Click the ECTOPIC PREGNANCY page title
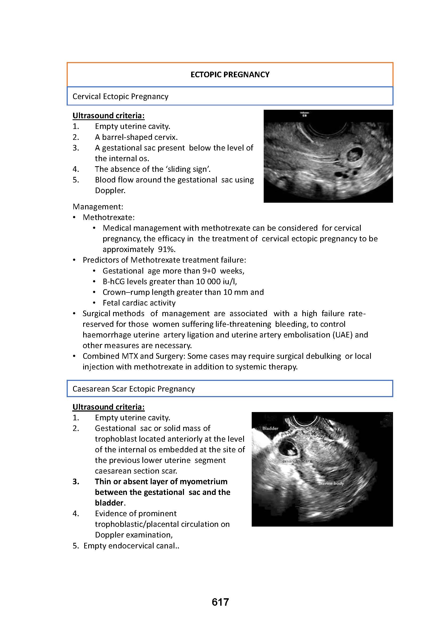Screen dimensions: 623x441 tap(230, 75)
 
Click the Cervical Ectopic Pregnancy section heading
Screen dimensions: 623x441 tap(120, 97)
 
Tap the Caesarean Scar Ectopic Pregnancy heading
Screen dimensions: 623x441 tap(133, 389)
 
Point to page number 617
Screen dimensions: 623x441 tap(220, 602)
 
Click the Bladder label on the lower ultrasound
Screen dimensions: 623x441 tap(270, 428)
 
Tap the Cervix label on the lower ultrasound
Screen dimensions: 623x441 tap(312, 428)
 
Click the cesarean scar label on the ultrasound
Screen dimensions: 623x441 tap(296, 461)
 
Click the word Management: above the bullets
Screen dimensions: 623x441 tap(98, 207)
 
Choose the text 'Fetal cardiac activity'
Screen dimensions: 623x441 tap(139, 303)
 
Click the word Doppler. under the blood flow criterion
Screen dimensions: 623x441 tap(110, 190)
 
